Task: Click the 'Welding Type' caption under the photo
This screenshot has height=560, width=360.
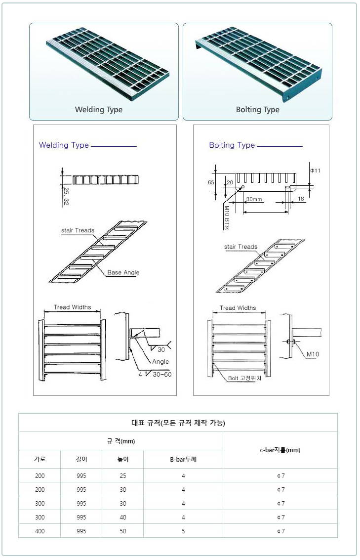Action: click(99, 110)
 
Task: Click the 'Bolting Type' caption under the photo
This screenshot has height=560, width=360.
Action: click(257, 110)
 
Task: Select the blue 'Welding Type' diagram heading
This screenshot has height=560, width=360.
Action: click(64, 145)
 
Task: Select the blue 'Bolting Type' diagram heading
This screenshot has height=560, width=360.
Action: click(232, 145)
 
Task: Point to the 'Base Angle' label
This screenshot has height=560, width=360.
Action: click(123, 272)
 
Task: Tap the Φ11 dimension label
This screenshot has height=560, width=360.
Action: click(315, 171)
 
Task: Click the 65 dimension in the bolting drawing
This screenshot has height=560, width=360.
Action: click(211, 182)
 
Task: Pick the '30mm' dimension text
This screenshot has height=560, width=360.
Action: click(254, 200)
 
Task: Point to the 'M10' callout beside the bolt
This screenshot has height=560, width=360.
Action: click(313, 354)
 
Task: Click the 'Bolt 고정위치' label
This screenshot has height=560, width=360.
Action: click(244, 378)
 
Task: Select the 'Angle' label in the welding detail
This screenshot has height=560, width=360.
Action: click(160, 361)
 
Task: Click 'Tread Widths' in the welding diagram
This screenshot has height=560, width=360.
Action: click(73, 307)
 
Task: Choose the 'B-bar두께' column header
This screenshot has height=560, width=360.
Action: click(183, 459)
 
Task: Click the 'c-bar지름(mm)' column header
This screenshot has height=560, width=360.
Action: click(280, 450)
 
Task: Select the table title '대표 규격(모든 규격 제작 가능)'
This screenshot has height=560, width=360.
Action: click(178, 423)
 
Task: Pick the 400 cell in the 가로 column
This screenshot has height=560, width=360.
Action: click(40, 531)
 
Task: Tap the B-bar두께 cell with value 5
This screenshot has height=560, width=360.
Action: click(183, 531)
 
